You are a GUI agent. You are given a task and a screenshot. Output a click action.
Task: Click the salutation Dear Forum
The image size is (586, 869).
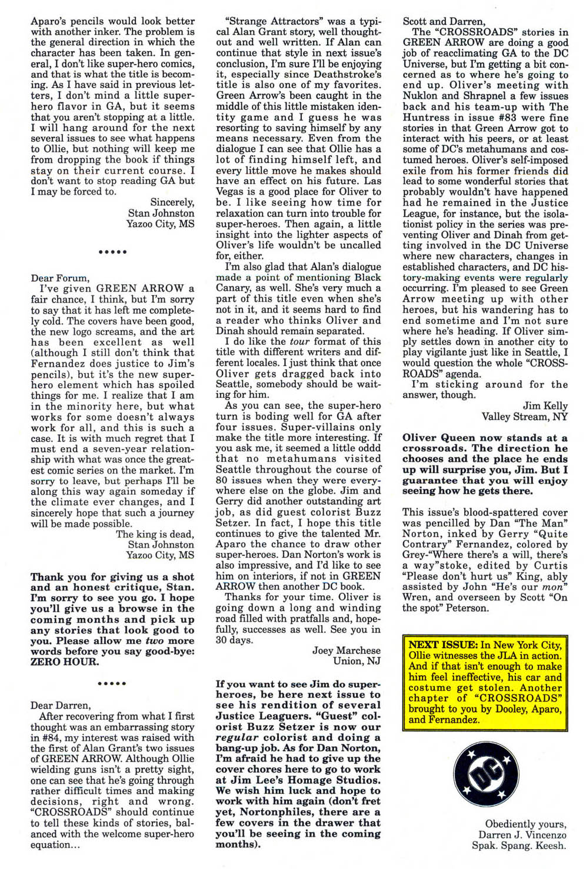(60, 278)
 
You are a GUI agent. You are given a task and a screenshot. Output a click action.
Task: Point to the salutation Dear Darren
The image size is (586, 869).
(61, 705)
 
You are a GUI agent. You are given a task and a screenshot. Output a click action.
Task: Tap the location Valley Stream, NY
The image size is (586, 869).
(524, 417)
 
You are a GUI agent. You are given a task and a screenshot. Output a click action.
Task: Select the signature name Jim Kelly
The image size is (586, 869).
(545, 406)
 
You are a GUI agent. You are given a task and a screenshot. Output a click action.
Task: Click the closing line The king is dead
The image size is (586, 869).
(154, 534)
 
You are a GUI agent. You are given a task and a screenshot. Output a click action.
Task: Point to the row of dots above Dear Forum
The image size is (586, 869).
(112, 251)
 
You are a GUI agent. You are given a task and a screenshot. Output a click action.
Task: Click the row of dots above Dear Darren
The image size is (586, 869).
(112, 683)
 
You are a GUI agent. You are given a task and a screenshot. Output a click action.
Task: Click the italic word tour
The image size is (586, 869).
(299, 341)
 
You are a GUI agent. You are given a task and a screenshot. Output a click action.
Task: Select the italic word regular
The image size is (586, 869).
(237, 737)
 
